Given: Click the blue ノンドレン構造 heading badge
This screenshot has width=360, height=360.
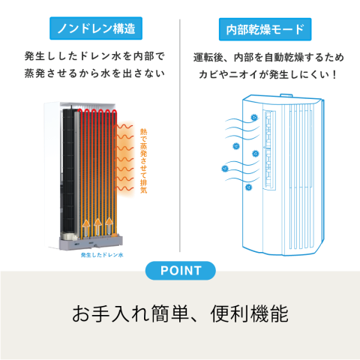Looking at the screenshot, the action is (x=96, y=28).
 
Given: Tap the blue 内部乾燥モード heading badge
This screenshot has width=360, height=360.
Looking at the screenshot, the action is (x=265, y=29).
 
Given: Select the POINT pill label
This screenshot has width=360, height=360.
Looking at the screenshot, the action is (x=181, y=271).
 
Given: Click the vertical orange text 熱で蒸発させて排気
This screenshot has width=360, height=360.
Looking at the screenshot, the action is (x=143, y=160).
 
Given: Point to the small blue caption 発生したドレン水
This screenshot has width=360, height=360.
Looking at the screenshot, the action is (x=102, y=255).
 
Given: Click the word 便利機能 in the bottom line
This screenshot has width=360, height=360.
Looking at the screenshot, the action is (x=249, y=313).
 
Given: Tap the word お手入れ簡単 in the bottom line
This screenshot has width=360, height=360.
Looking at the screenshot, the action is (x=130, y=313).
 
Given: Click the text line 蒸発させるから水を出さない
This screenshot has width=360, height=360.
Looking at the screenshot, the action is (x=94, y=73).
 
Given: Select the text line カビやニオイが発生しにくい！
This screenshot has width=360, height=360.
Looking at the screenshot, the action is (x=268, y=74).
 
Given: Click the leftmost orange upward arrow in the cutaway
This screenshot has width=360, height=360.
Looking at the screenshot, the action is (x=86, y=227).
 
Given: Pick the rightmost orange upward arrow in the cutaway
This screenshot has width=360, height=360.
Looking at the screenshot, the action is (x=109, y=226).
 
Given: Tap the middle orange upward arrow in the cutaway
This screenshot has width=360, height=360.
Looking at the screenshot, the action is (x=97, y=226).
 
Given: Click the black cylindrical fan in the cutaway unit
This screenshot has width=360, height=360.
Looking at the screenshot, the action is (x=69, y=172).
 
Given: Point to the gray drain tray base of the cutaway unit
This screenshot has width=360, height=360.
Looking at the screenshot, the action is (x=91, y=242).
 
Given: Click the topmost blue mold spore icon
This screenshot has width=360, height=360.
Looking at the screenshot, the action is (x=254, y=117).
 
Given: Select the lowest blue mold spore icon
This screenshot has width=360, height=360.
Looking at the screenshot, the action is (x=248, y=187).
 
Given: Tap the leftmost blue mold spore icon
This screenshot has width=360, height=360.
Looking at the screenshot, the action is (x=225, y=169).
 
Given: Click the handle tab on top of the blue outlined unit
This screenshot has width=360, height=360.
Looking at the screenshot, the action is (x=286, y=95).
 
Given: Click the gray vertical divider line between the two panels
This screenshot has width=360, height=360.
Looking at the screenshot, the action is (x=180, y=136).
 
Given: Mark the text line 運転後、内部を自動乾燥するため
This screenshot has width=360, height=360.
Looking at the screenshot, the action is (x=268, y=58).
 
